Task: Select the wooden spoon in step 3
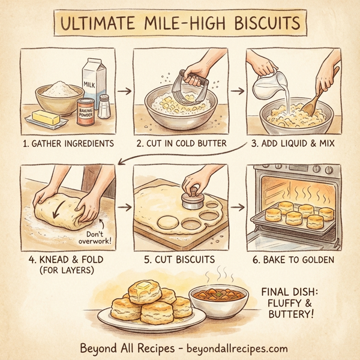318,96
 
